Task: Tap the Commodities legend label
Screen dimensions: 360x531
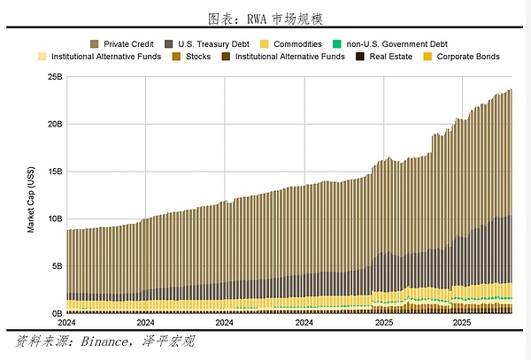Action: coord(297,43)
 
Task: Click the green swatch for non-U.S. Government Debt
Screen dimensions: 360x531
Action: coord(336,43)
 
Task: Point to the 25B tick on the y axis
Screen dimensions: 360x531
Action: coord(55,78)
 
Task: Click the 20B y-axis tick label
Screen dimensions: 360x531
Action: coord(55,125)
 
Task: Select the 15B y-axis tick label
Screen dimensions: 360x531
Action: coord(55,172)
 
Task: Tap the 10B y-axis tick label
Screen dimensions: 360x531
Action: coord(55,218)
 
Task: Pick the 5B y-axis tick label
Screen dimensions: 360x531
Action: coord(58,265)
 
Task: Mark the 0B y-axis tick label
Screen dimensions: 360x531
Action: coord(58,313)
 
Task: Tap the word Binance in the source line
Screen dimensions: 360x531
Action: coord(106,341)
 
